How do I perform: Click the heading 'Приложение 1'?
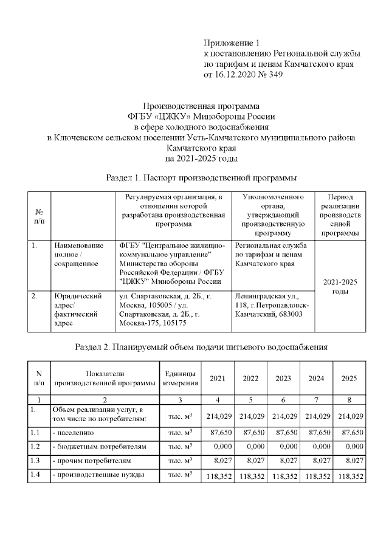click(x=231, y=43)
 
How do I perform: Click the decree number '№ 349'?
click(x=268, y=74)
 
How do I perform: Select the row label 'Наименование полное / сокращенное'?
click(x=78, y=255)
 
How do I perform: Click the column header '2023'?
click(x=283, y=379)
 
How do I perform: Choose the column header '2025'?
click(x=349, y=379)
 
